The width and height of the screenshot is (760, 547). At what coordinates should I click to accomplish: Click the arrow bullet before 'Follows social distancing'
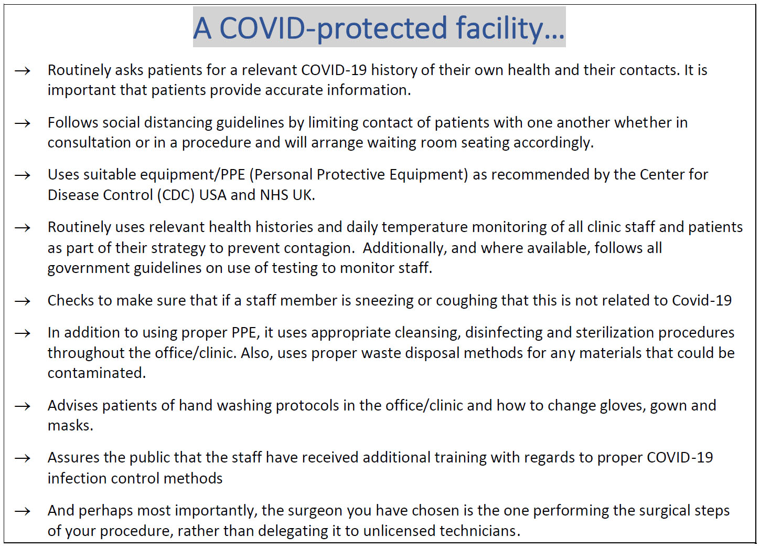pos(23,123)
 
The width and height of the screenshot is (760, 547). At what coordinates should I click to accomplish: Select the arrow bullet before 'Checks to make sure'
pos(23,301)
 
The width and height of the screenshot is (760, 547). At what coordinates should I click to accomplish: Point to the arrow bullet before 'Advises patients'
pos(23,406)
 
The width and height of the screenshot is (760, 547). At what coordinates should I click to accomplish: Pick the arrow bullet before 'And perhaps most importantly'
pos(23,511)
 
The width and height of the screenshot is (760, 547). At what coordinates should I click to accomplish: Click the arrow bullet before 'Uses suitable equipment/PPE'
pos(23,175)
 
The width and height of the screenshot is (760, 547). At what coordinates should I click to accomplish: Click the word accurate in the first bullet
pos(294,90)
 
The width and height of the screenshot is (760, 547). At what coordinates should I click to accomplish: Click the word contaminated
pos(97,373)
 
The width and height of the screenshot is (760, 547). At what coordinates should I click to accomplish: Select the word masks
pos(70,426)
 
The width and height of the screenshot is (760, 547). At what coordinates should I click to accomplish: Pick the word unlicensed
pos(399,531)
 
